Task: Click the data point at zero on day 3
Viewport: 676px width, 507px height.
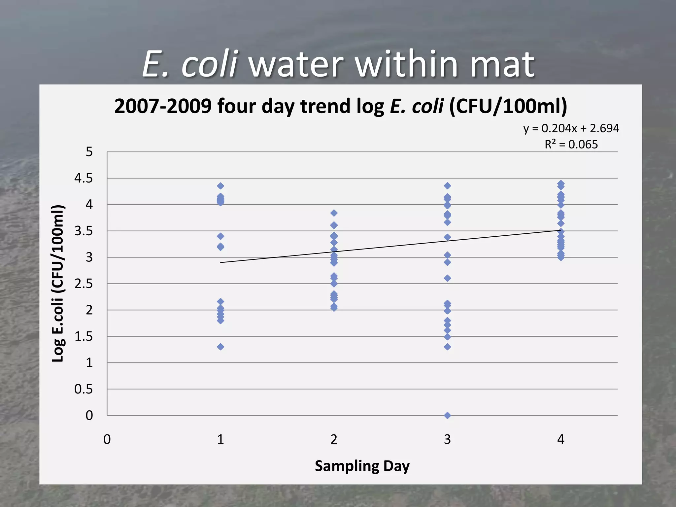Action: pos(447,415)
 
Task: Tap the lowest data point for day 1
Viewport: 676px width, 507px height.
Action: pos(220,347)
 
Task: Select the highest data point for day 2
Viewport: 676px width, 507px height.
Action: pos(334,213)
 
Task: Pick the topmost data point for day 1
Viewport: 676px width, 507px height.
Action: pos(220,186)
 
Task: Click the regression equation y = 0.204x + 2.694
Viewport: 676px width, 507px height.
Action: pos(571,128)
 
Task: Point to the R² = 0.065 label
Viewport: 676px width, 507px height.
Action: pos(571,144)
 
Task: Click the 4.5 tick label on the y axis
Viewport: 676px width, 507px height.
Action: pos(84,178)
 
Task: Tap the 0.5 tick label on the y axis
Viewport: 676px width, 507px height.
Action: pos(84,389)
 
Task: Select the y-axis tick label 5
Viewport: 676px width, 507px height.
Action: pos(89,152)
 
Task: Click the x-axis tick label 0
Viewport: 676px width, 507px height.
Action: pos(107,439)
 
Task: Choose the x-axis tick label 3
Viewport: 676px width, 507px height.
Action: pos(447,439)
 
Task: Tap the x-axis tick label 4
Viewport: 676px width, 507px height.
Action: pos(560,439)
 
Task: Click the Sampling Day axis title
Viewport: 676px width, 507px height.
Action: pos(362,466)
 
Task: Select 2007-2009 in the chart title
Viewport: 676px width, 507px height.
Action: pos(163,106)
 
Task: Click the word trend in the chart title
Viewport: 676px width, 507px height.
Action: pos(325,106)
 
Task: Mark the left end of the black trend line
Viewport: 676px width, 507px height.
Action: pos(221,262)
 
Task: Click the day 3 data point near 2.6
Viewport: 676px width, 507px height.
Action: pos(447,278)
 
